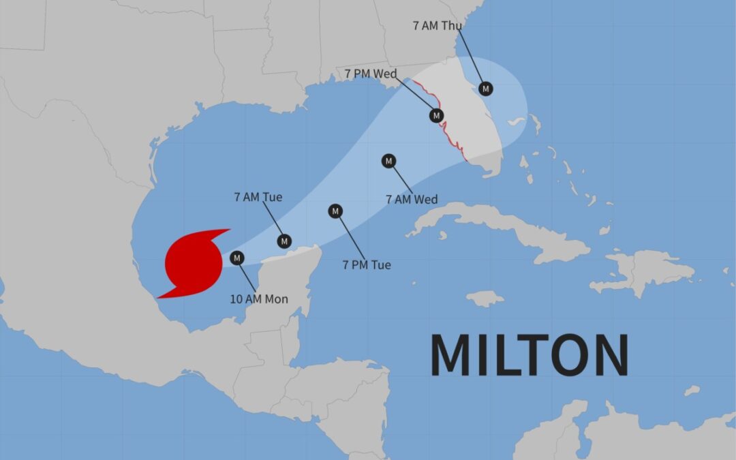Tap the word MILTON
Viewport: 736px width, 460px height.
[529, 355]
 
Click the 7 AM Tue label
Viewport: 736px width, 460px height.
[258, 198]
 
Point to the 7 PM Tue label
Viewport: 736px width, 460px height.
[367, 265]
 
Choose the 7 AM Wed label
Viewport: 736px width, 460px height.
[412, 200]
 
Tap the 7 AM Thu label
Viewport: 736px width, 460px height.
[438, 26]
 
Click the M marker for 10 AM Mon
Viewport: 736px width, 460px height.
[237, 258]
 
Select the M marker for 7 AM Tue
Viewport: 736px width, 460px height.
[285, 241]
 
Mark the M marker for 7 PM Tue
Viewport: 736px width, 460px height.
[335, 211]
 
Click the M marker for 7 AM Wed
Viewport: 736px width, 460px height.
[388, 161]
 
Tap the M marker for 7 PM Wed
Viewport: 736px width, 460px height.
[436, 116]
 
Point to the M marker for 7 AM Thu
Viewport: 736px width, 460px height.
[486, 89]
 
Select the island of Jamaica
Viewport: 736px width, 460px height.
[485, 298]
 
